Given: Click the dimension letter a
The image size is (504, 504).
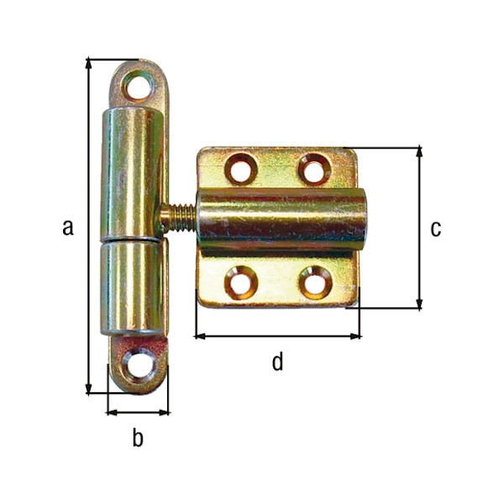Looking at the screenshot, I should click(68, 226).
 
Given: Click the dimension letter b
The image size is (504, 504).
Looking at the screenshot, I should click(138, 438).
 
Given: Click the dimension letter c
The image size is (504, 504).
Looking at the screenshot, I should click(435, 228).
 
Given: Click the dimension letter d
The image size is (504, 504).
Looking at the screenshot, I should click(277, 362).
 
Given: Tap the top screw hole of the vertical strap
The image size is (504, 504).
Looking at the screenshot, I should click(136, 86).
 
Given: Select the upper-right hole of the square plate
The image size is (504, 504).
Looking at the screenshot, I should click(313, 169).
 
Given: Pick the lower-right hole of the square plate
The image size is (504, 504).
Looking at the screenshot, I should click(314, 282).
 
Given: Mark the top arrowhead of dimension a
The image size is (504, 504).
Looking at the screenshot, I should click(89, 64).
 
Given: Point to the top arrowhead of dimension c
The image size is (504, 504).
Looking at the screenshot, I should click(419, 152).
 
